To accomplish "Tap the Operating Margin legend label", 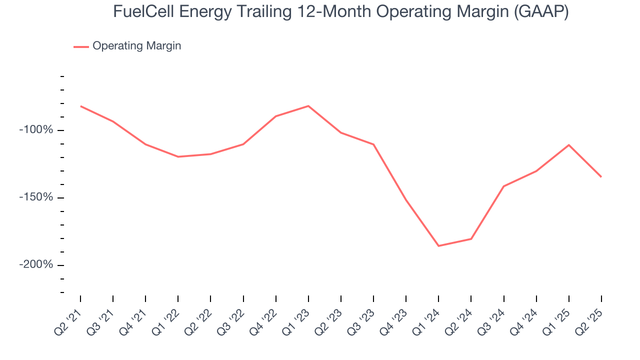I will (136, 46).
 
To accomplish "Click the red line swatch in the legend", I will (81, 46).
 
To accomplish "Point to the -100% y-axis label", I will (36, 130).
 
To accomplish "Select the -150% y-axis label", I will (36, 197).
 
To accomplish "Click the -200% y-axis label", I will (36, 264).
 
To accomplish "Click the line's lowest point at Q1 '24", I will (438, 246).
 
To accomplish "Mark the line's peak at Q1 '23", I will (308, 106).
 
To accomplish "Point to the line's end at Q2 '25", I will (601, 177).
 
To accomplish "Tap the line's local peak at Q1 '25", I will (568, 145).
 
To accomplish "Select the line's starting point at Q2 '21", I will (80, 106).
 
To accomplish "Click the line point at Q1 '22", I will (178, 156).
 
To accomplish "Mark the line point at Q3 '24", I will (503, 186).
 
